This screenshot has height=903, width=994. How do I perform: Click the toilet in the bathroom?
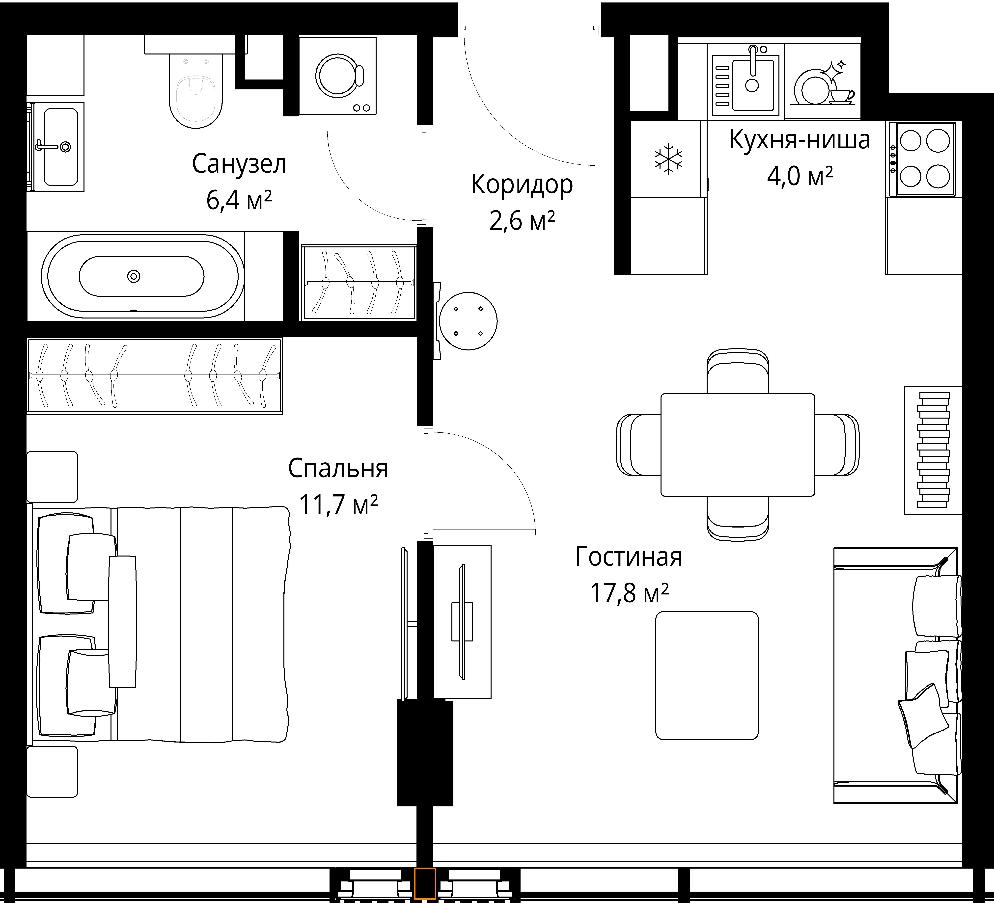click(x=196, y=91)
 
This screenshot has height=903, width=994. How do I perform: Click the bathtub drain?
click(x=134, y=277)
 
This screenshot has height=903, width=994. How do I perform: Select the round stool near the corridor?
click(x=468, y=321)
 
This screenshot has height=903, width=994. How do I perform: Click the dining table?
click(x=738, y=445)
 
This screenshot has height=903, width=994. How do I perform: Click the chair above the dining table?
click(x=738, y=371)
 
